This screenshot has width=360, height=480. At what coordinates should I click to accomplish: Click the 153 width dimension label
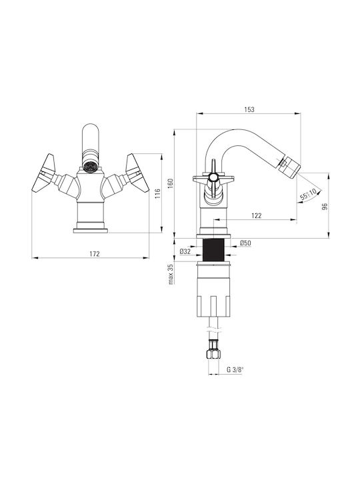click(249, 109)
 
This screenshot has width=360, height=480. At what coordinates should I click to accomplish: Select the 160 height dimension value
click(171, 184)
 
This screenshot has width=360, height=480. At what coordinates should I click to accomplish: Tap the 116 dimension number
click(157, 194)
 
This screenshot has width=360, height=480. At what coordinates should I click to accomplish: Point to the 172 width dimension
click(95, 253)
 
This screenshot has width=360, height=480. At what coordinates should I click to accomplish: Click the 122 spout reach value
click(257, 215)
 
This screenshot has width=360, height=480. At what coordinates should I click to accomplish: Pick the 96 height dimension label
click(325, 206)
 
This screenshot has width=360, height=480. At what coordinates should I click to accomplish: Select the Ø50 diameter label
click(245, 243)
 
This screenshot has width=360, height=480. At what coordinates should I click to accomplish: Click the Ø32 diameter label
click(185, 251)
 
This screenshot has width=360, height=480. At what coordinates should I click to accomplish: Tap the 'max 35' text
click(171, 274)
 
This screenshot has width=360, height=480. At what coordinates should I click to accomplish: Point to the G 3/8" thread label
click(235, 369)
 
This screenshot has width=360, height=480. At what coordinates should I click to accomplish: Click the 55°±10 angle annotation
click(309, 194)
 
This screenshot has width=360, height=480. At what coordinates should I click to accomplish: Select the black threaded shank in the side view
click(213, 250)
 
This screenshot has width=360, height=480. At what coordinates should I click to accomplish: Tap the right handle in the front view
click(137, 173)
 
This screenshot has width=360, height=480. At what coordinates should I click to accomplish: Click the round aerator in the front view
click(91, 167)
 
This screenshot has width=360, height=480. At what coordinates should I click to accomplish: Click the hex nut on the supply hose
click(214, 354)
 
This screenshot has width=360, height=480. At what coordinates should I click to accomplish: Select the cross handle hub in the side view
click(213, 177)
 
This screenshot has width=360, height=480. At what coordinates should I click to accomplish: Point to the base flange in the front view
click(91, 231)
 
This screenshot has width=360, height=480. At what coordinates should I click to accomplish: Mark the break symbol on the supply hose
click(214, 331)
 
